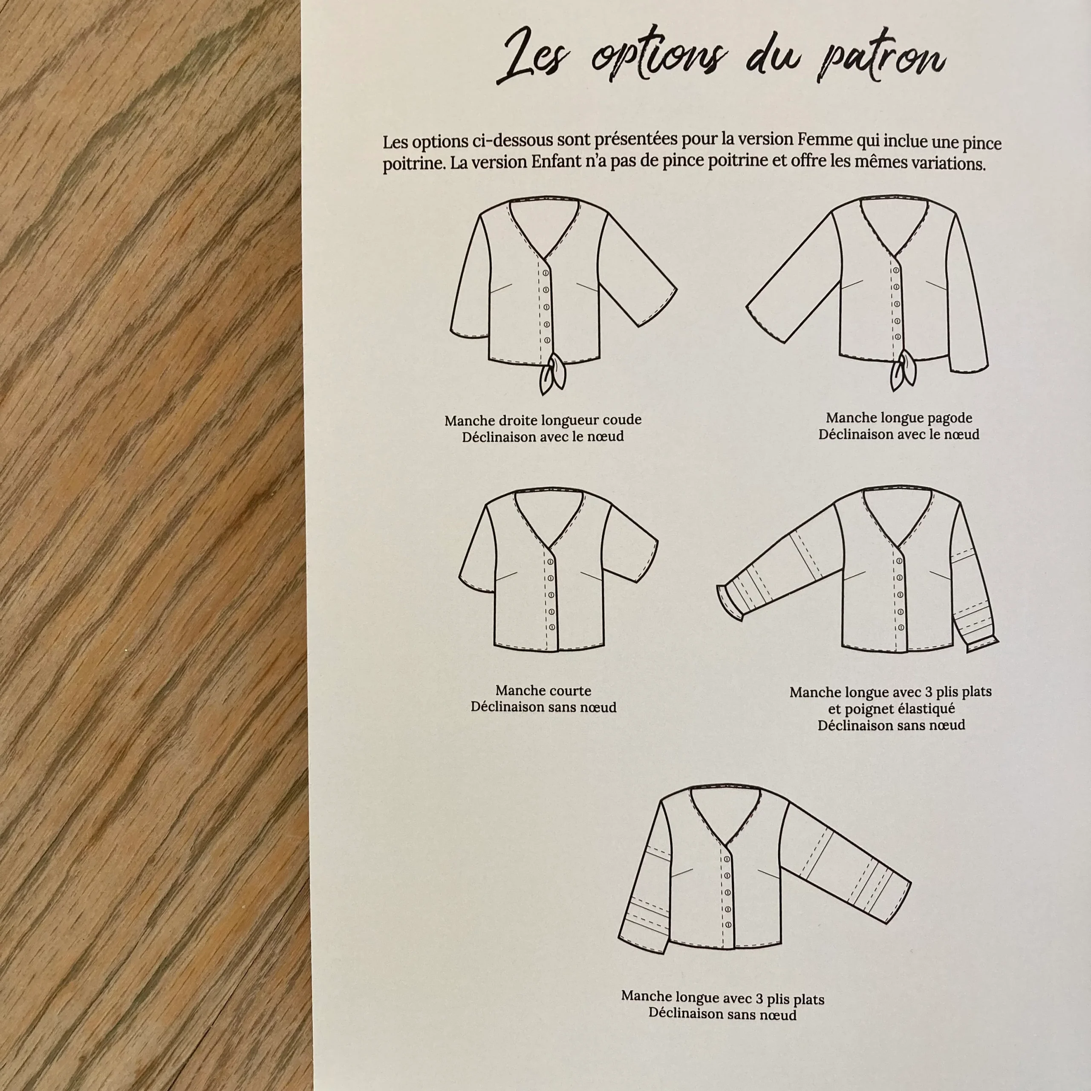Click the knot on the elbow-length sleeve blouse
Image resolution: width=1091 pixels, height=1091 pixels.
(552, 373)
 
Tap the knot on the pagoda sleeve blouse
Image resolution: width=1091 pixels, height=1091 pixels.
(903, 370)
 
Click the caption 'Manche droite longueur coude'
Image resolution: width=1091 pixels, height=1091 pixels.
(543, 420)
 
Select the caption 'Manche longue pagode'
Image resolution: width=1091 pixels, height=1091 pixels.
(899, 418)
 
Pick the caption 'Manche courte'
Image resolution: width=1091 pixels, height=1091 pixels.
(543, 691)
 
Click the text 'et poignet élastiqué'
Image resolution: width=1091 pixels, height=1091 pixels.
(892, 708)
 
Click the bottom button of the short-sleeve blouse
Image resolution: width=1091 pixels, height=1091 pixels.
(552, 627)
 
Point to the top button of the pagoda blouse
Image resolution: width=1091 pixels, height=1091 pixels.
(896, 271)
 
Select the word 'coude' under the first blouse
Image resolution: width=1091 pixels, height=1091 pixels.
(623, 420)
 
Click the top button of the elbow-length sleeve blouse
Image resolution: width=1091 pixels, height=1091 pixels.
(546, 273)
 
